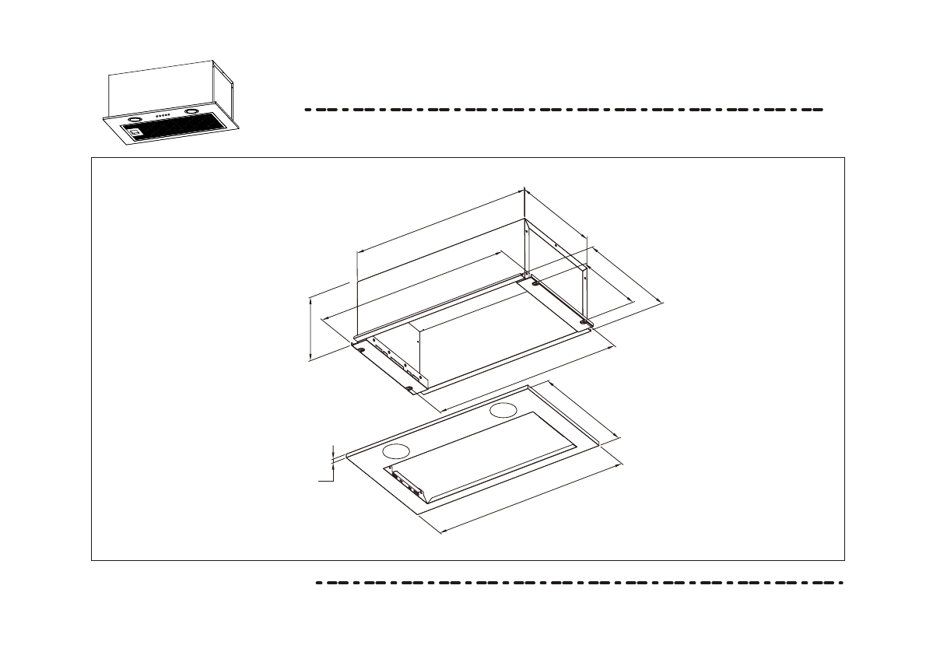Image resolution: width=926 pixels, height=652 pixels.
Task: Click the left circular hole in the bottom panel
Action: [x=397, y=450]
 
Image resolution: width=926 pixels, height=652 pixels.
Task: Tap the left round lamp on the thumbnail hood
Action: [x=134, y=121]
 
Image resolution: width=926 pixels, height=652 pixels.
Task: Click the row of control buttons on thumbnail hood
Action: [x=163, y=117]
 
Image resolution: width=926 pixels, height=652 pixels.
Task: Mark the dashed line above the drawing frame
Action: [x=563, y=110]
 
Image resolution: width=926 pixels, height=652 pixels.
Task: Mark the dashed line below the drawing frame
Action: [x=579, y=582]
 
